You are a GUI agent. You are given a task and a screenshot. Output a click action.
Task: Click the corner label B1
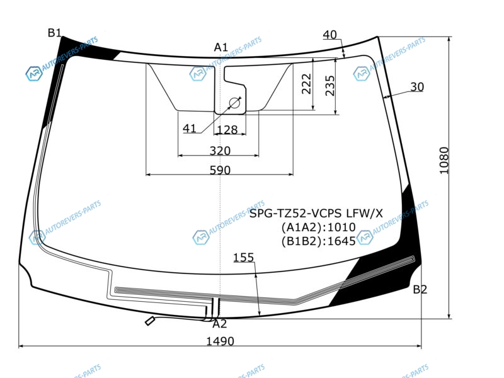54,33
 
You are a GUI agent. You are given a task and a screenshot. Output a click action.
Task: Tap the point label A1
221,47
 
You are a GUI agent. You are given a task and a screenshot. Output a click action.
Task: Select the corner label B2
420,290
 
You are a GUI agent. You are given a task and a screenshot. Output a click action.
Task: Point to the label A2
220,324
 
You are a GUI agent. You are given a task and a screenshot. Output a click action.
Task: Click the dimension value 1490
220,341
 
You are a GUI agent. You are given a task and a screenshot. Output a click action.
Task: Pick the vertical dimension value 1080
444,161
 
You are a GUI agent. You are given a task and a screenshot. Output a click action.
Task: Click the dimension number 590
220,169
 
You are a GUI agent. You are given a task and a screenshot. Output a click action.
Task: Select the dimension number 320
220,151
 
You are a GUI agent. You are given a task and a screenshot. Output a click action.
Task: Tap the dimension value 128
227,130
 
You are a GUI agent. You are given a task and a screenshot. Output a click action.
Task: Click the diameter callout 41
190,129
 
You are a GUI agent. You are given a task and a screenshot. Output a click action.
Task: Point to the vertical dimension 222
307,84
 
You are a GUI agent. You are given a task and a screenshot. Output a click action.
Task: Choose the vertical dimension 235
329,86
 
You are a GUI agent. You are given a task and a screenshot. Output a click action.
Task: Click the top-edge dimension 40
329,35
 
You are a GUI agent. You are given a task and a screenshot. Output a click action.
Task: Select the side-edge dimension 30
417,87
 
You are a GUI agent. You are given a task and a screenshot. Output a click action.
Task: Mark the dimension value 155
243,258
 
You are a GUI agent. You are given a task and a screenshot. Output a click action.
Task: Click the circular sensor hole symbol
234,103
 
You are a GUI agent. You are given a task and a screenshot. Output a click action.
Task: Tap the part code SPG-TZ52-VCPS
296,213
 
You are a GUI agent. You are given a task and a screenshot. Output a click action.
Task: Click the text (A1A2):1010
319,227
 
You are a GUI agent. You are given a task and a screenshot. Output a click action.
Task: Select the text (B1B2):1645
319,241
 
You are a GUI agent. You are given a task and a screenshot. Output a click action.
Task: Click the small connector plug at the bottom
149,321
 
